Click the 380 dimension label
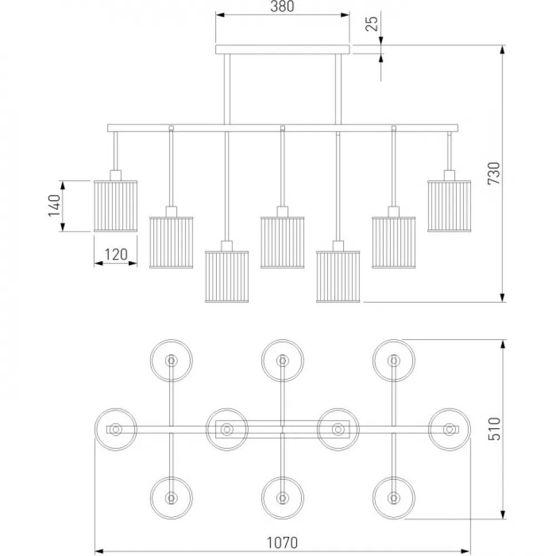pos(282,6)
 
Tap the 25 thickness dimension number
pos(372,23)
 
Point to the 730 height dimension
pos(494,173)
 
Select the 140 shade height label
pos(54,205)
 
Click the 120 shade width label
pos(116,254)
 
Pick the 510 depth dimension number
pos(494,429)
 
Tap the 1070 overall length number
pos(282,543)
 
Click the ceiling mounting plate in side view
pos(282,49)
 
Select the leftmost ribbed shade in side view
pos(116,206)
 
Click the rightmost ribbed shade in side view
pos(449,206)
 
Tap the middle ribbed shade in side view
pos(282,242)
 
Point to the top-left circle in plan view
pos(171,339)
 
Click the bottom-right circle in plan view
pos(394,477)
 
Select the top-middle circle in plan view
pos(282,339)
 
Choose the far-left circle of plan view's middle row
pos(116,409)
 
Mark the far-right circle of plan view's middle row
pos(449,409)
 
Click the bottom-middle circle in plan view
pos(282,477)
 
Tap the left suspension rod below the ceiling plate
pos(227,89)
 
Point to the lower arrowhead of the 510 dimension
pos(503,514)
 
